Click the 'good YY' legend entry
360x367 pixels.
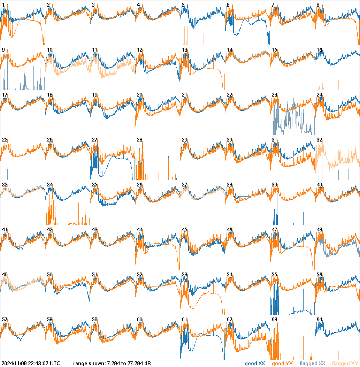282,364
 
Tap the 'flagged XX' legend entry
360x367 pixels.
312,364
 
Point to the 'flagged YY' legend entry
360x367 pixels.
345,364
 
